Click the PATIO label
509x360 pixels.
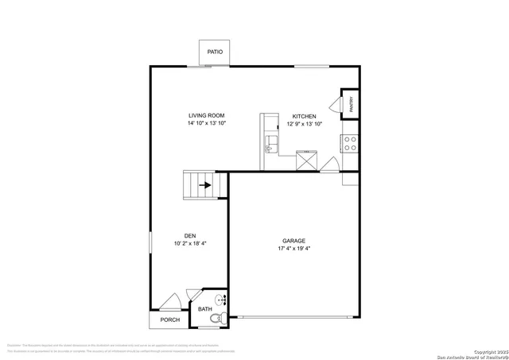[x=215, y=52]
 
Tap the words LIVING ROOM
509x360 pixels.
[x=207, y=115]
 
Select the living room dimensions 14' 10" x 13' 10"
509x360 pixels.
[x=207, y=124]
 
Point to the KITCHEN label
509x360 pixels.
[x=304, y=115]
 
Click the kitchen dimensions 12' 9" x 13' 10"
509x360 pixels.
[x=304, y=124]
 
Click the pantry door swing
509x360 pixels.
[x=335, y=105]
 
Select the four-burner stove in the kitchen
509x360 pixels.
[x=349, y=143]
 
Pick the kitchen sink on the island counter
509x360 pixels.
[x=270, y=145]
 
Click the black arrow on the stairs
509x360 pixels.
[x=204, y=185]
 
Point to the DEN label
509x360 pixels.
[x=190, y=235]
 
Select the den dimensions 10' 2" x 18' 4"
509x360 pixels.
[x=190, y=244]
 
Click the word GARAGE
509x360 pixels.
[x=293, y=241]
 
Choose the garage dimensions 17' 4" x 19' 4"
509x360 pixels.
[x=293, y=250]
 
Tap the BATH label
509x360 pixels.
[x=205, y=309]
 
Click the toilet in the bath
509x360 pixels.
[x=214, y=319]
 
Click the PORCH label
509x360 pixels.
[x=169, y=320]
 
